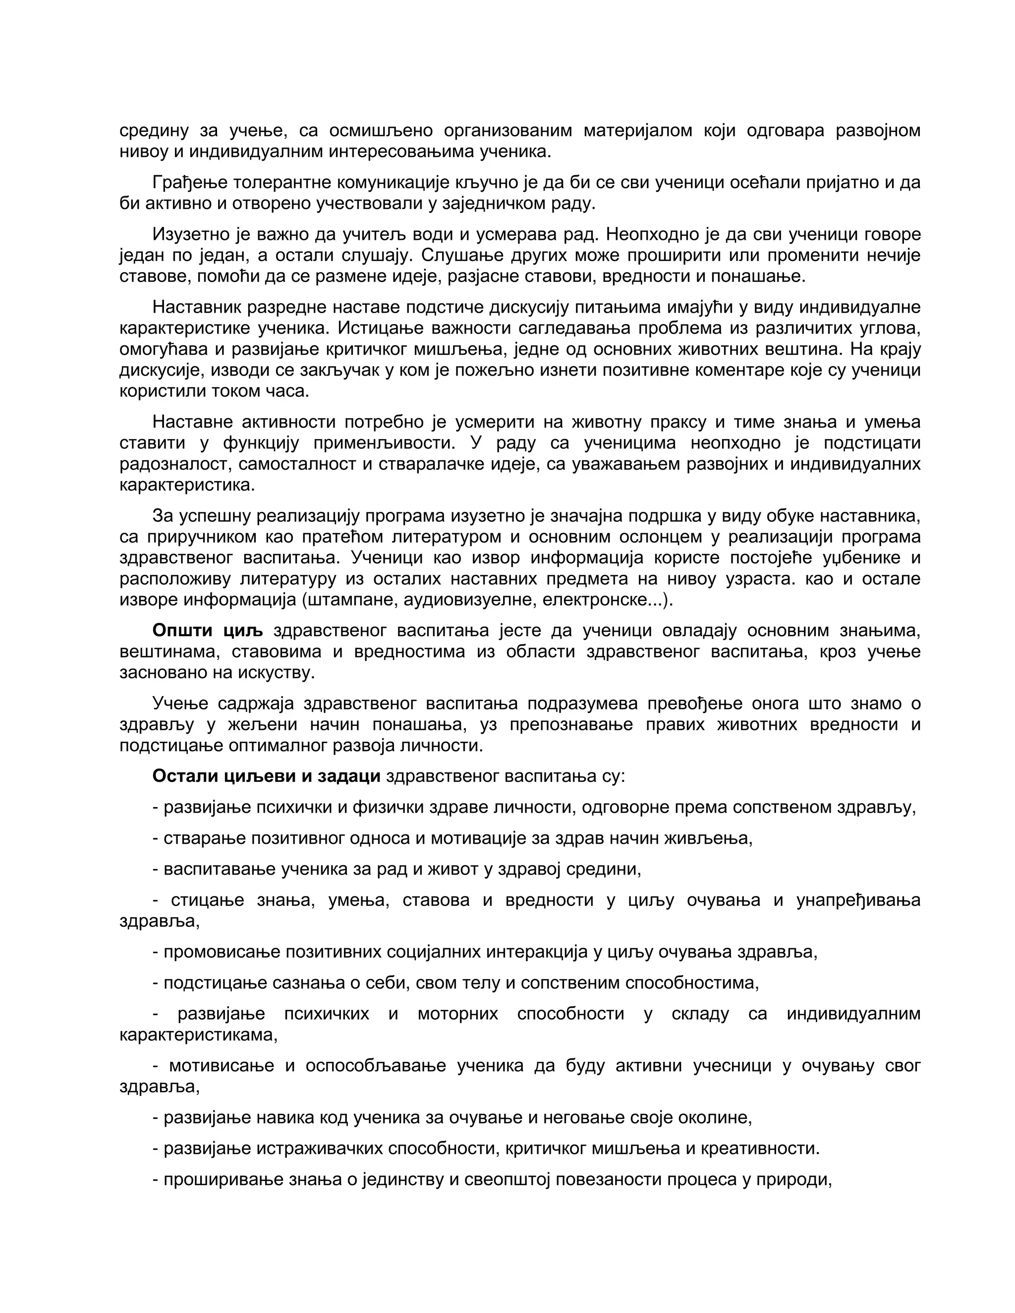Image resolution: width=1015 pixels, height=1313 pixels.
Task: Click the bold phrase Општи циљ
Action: tap(208, 631)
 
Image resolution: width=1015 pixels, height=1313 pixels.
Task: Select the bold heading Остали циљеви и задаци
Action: tap(266, 776)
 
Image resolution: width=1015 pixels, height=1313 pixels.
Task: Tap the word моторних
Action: tap(457, 1014)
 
